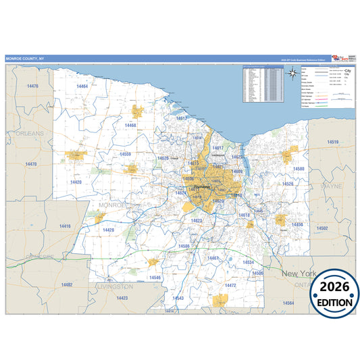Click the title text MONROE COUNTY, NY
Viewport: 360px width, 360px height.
(x=23, y=59)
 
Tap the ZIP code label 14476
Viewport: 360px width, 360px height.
(x=32, y=86)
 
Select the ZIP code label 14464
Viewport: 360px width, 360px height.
(x=82, y=86)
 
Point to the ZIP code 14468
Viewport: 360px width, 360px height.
(x=130, y=126)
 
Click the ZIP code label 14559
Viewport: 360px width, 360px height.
(x=125, y=154)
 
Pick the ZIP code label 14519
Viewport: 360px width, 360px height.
(x=332, y=142)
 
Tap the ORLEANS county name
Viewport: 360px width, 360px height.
(x=30, y=134)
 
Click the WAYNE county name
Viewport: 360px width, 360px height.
(x=331, y=184)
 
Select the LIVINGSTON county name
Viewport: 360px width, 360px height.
(x=115, y=286)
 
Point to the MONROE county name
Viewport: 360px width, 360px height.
(x=112, y=204)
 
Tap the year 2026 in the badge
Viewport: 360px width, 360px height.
(x=331, y=287)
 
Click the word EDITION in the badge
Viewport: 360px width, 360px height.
(x=332, y=303)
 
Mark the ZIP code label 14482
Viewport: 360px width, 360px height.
(x=66, y=284)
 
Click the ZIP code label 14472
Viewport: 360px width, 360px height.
(x=230, y=285)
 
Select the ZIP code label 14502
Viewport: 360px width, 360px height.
(x=322, y=228)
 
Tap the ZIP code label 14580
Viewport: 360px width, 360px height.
(x=298, y=168)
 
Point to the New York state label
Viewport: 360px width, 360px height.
(x=299, y=274)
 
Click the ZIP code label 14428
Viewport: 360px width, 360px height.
(x=108, y=230)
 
